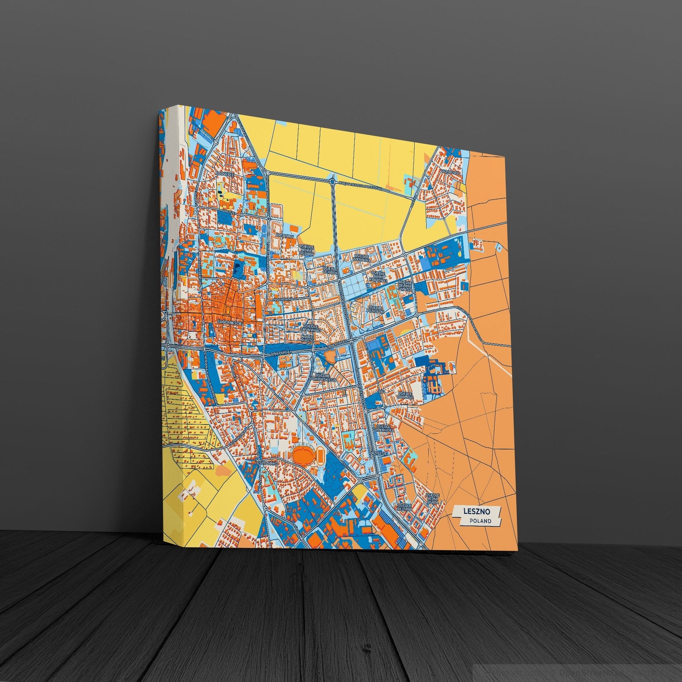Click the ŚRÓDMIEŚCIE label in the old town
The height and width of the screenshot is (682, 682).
tap(230, 322)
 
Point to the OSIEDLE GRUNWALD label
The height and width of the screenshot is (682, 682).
tap(310, 328)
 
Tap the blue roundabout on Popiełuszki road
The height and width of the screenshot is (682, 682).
tap(333, 182)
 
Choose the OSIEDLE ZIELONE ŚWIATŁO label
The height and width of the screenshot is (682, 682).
tap(405, 286)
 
